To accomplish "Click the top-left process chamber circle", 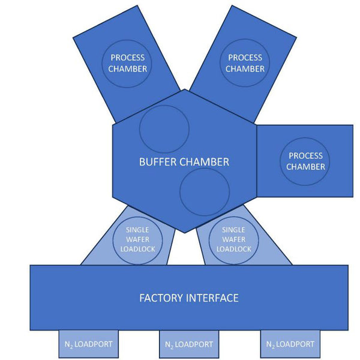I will [x=127, y=63].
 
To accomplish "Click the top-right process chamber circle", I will [x=245, y=63].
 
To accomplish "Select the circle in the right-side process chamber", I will [x=305, y=161].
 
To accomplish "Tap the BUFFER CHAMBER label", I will [x=184, y=162].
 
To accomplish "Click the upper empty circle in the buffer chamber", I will [x=164, y=129].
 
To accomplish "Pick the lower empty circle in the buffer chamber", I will [x=205, y=192].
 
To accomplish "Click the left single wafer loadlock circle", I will [x=137, y=239].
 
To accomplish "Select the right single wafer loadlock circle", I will [x=233, y=239].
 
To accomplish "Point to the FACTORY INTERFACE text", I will [x=188, y=298].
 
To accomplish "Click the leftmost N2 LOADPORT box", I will [x=88, y=344].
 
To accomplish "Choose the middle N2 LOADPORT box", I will [x=188, y=344].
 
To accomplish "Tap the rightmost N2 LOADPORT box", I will [x=290, y=344].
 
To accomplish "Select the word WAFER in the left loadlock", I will [x=137, y=239].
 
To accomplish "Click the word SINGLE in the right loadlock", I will [x=233, y=230].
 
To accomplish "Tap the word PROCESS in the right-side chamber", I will [x=305, y=156].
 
